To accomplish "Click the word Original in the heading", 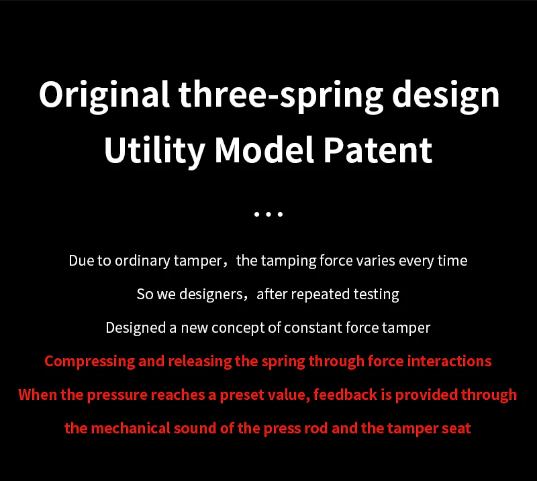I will pyautogui.click(x=104, y=95).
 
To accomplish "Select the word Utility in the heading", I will pyautogui.click(x=154, y=150).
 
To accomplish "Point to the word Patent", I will pyautogui.click(x=378, y=150).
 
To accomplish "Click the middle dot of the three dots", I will pyautogui.click(x=268, y=215).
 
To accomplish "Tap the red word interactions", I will pyautogui.click(x=448, y=361).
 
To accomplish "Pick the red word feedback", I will pyautogui.click(x=344, y=394).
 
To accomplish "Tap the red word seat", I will pyautogui.click(x=456, y=428).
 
